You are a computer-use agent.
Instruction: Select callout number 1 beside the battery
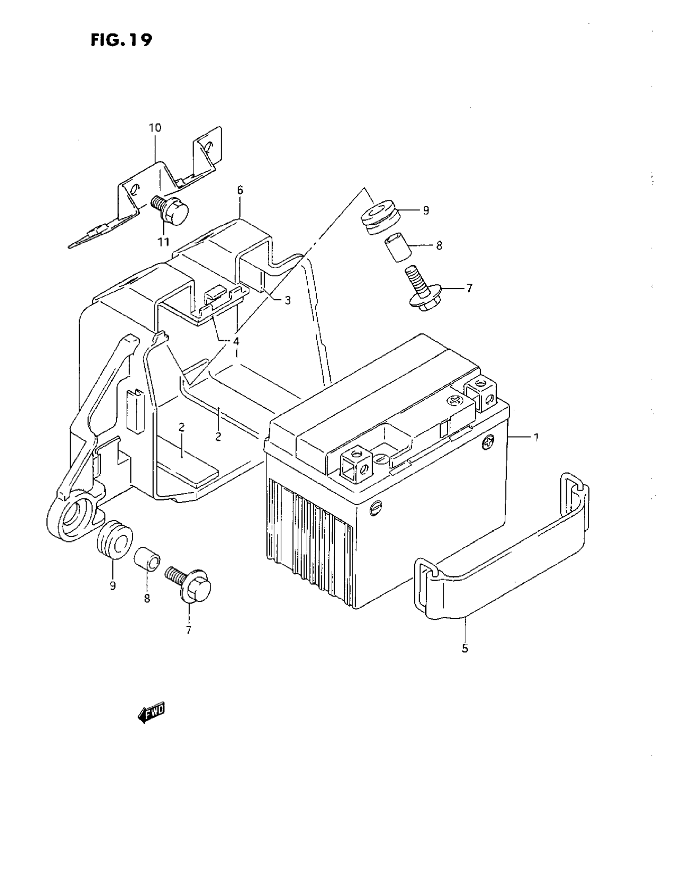coord(535,437)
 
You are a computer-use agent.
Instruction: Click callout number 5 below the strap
coord(465,648)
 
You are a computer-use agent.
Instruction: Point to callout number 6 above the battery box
coord(240,190)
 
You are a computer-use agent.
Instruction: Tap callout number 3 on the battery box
coord(287,300)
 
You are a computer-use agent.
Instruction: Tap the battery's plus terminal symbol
coord(455,400)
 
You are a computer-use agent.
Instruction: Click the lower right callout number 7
coord(188,630)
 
